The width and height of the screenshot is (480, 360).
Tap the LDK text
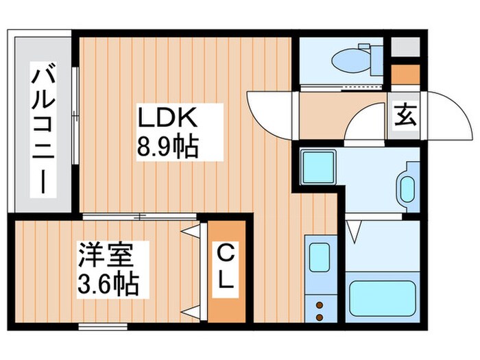point(168,118)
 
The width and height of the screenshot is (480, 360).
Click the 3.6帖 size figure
point(108,284)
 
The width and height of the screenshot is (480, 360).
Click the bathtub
point(383,297)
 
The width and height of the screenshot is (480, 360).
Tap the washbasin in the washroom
point(407,187)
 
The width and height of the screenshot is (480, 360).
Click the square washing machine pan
point(317,167)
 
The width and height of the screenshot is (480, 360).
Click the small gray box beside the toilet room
point(402,46)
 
